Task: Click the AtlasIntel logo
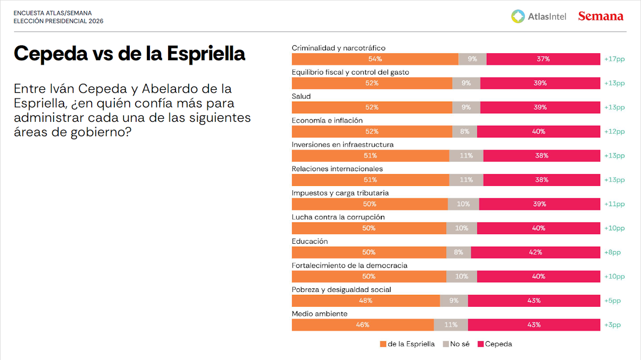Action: (x=538, y=16)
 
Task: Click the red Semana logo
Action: (x=601, y=16)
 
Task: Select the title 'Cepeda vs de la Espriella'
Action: (x=129, y=53)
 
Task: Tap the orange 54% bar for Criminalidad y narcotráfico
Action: (x=375, y=59)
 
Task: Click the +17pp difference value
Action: (x=614, y=59)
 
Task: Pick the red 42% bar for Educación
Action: (x=535, y=252)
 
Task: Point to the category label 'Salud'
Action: (x=301, y=96)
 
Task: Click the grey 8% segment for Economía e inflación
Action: (x=464, y=132)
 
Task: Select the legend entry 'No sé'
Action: (x=456, y=344)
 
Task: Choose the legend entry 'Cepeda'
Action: (x=495, y=344)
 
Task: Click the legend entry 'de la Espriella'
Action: (x=407, y=344)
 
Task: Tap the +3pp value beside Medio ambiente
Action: (x=612, y=325)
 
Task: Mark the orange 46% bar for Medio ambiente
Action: (x=362, y=325)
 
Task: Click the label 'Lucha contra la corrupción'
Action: (x=338, y=217)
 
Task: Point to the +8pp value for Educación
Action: (x=612, y=252)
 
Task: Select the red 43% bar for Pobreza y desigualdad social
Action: (x=534, y=301)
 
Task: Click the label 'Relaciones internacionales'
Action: (x=337, y=169)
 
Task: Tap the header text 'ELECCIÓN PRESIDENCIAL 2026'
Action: (x=58, y=21)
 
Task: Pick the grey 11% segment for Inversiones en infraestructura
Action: (x=466, y=156)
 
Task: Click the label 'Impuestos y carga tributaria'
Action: (x=340, y=193)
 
